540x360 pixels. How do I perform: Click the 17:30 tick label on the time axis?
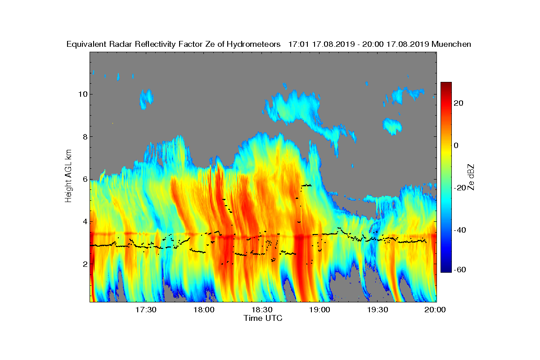[x=146, y=310]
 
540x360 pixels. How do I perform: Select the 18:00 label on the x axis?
[x=204, y=310]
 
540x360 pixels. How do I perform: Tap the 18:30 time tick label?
[x=262, y=310]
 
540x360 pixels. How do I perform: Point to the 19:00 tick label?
[x=319, y=310]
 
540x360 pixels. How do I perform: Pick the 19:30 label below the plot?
[x=378, y=310]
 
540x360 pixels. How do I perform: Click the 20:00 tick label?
[x=435, y=310]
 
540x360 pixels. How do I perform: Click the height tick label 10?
[x=83, y=94]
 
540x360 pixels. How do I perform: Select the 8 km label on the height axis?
[x=85, y=137]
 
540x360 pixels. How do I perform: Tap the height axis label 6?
[x=85, y=180]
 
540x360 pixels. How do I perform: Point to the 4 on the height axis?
[x=85, y=222]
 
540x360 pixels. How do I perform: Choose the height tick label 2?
[x=85, y=264]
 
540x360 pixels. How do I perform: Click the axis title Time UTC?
[x=263, y=318]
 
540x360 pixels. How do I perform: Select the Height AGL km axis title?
[x=68, y=176]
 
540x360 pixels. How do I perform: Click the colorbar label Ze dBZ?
[x=471, y=177]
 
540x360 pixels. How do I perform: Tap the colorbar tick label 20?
[x=459, y=103]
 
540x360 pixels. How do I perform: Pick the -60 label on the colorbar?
[x=460, y=270]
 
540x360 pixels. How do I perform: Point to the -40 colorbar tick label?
[x=460, y=230]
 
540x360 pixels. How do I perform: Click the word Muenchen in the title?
[x=451, y=45]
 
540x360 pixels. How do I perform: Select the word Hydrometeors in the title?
[x=254, y=45]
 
